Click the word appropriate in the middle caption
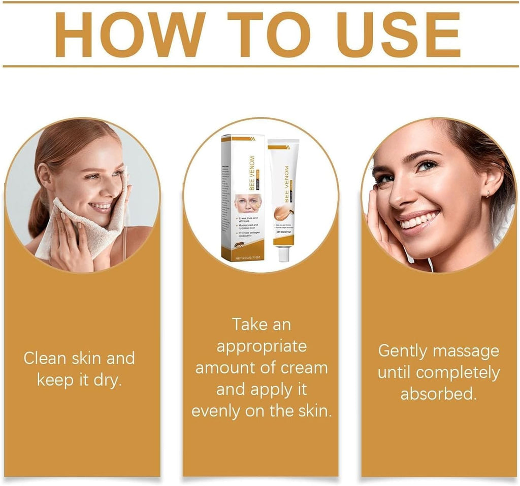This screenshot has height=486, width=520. tap(262, 346)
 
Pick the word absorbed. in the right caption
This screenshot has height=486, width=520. tap(438, 394)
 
